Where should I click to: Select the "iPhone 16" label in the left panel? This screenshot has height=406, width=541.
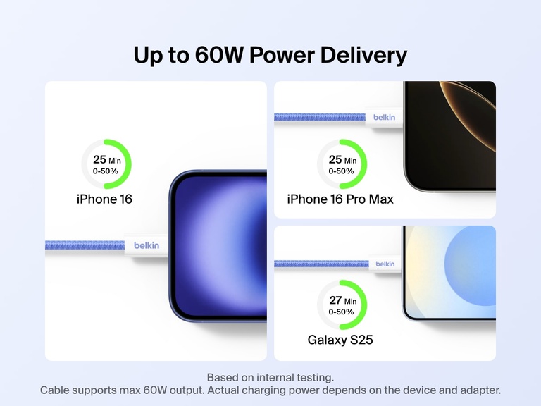(104, 199)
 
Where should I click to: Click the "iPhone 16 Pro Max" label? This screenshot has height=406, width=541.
(340, 199)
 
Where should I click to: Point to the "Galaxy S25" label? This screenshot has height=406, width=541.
(340, 340)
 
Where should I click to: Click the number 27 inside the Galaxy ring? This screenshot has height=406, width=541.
(335, 300)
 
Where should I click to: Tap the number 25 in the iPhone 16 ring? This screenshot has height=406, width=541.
(99, 159)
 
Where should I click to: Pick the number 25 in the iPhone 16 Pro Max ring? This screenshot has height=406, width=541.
(335, 160)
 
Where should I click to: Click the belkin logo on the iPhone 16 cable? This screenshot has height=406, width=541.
(147, 245)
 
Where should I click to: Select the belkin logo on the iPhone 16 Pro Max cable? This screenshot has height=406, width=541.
(385, 117)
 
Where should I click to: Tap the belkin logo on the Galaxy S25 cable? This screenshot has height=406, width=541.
(385, 264)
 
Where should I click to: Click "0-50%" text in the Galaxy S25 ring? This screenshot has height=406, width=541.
(342, 312)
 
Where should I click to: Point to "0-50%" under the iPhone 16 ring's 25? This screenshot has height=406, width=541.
(106, 171)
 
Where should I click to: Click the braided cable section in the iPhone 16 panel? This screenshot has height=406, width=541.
(85, 245)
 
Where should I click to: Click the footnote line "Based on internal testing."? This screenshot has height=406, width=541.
(270, 377)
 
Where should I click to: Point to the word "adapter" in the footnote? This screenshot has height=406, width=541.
(480, 390)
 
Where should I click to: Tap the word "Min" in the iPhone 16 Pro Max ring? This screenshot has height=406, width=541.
(350, 161)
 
